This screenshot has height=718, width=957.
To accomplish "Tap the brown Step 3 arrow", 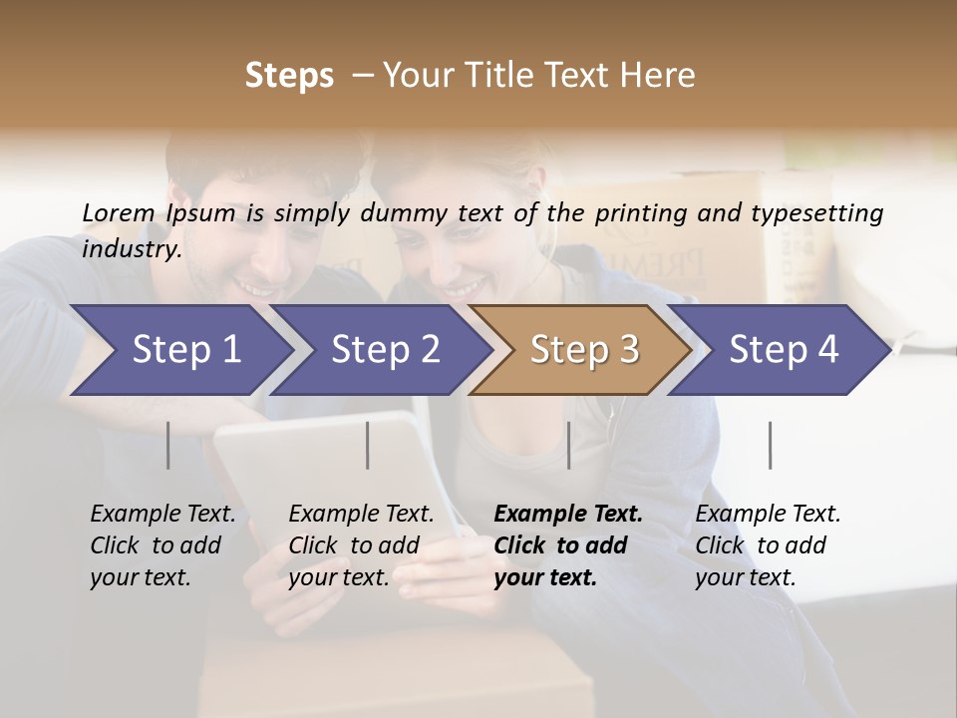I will tap(584, 350).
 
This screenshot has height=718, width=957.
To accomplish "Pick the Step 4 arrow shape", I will tap(784, 350).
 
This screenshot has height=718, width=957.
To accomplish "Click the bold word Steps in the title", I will tap(289, 76).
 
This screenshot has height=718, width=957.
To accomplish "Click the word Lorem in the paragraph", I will tap(118, 213).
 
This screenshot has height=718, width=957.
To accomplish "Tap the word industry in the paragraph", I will tap(131, 249).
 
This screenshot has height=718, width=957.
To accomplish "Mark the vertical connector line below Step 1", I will tap(167, 445).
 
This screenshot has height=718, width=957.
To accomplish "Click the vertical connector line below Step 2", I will tap(368, 445).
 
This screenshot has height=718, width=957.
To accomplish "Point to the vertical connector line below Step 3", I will tap(568, 445).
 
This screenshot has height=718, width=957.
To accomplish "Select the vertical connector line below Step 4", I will tap(770, 445).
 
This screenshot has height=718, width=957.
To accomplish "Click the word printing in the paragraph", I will tap(639, 213).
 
